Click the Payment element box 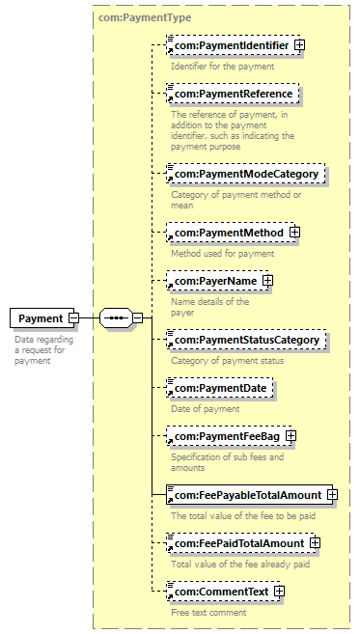click(42, 318)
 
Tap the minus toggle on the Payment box click(73, 318)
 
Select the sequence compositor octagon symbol click(116, 318)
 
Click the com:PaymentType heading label click(145, 17)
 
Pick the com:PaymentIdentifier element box click(233, 45)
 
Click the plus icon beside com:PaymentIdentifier click(299, 45)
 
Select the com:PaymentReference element click(233, 94)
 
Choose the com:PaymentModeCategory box click(245, 174)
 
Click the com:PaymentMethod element click(231, 233)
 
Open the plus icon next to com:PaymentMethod click(295, 233)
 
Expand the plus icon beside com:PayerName click(267, 281)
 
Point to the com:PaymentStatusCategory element click(246, 340)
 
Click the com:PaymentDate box click(220, 388)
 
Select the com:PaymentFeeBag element click(229, 436)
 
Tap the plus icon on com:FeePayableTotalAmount click(333, 494)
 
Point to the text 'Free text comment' click(208, 613)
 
